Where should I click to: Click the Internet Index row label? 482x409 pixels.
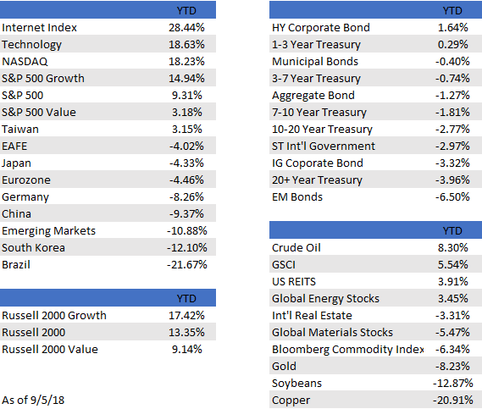pos(39,28)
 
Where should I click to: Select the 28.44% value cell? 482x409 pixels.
pos(186,28)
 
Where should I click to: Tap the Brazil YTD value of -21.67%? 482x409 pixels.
pos(187,264)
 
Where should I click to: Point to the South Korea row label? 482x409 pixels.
pos(33,247)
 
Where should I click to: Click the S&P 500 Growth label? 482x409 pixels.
pos(43,79)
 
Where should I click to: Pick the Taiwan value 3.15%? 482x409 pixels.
pos(187,129)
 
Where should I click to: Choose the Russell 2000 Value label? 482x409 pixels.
pos(50,350)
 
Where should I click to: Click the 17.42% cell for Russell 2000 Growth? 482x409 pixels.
pos(186,316)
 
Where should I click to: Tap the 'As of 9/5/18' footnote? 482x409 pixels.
pos(33,400)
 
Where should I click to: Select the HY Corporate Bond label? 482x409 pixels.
pos(321,28)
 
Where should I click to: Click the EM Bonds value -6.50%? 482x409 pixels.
pos(452,197)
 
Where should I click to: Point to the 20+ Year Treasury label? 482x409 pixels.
pos(317,180)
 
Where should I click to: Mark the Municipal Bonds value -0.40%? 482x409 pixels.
pos(452,62)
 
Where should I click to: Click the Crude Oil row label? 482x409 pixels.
pos(296,247)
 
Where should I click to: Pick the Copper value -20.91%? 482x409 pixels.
pos(453,400)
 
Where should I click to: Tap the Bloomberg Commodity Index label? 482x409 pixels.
pos(348,350)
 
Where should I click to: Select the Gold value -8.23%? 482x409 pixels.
pos(452,367)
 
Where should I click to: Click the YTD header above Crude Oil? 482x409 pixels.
pos(452,231)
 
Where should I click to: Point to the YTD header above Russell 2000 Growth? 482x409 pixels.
pos(186,299)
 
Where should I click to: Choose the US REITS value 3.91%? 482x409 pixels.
pos(453,281)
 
